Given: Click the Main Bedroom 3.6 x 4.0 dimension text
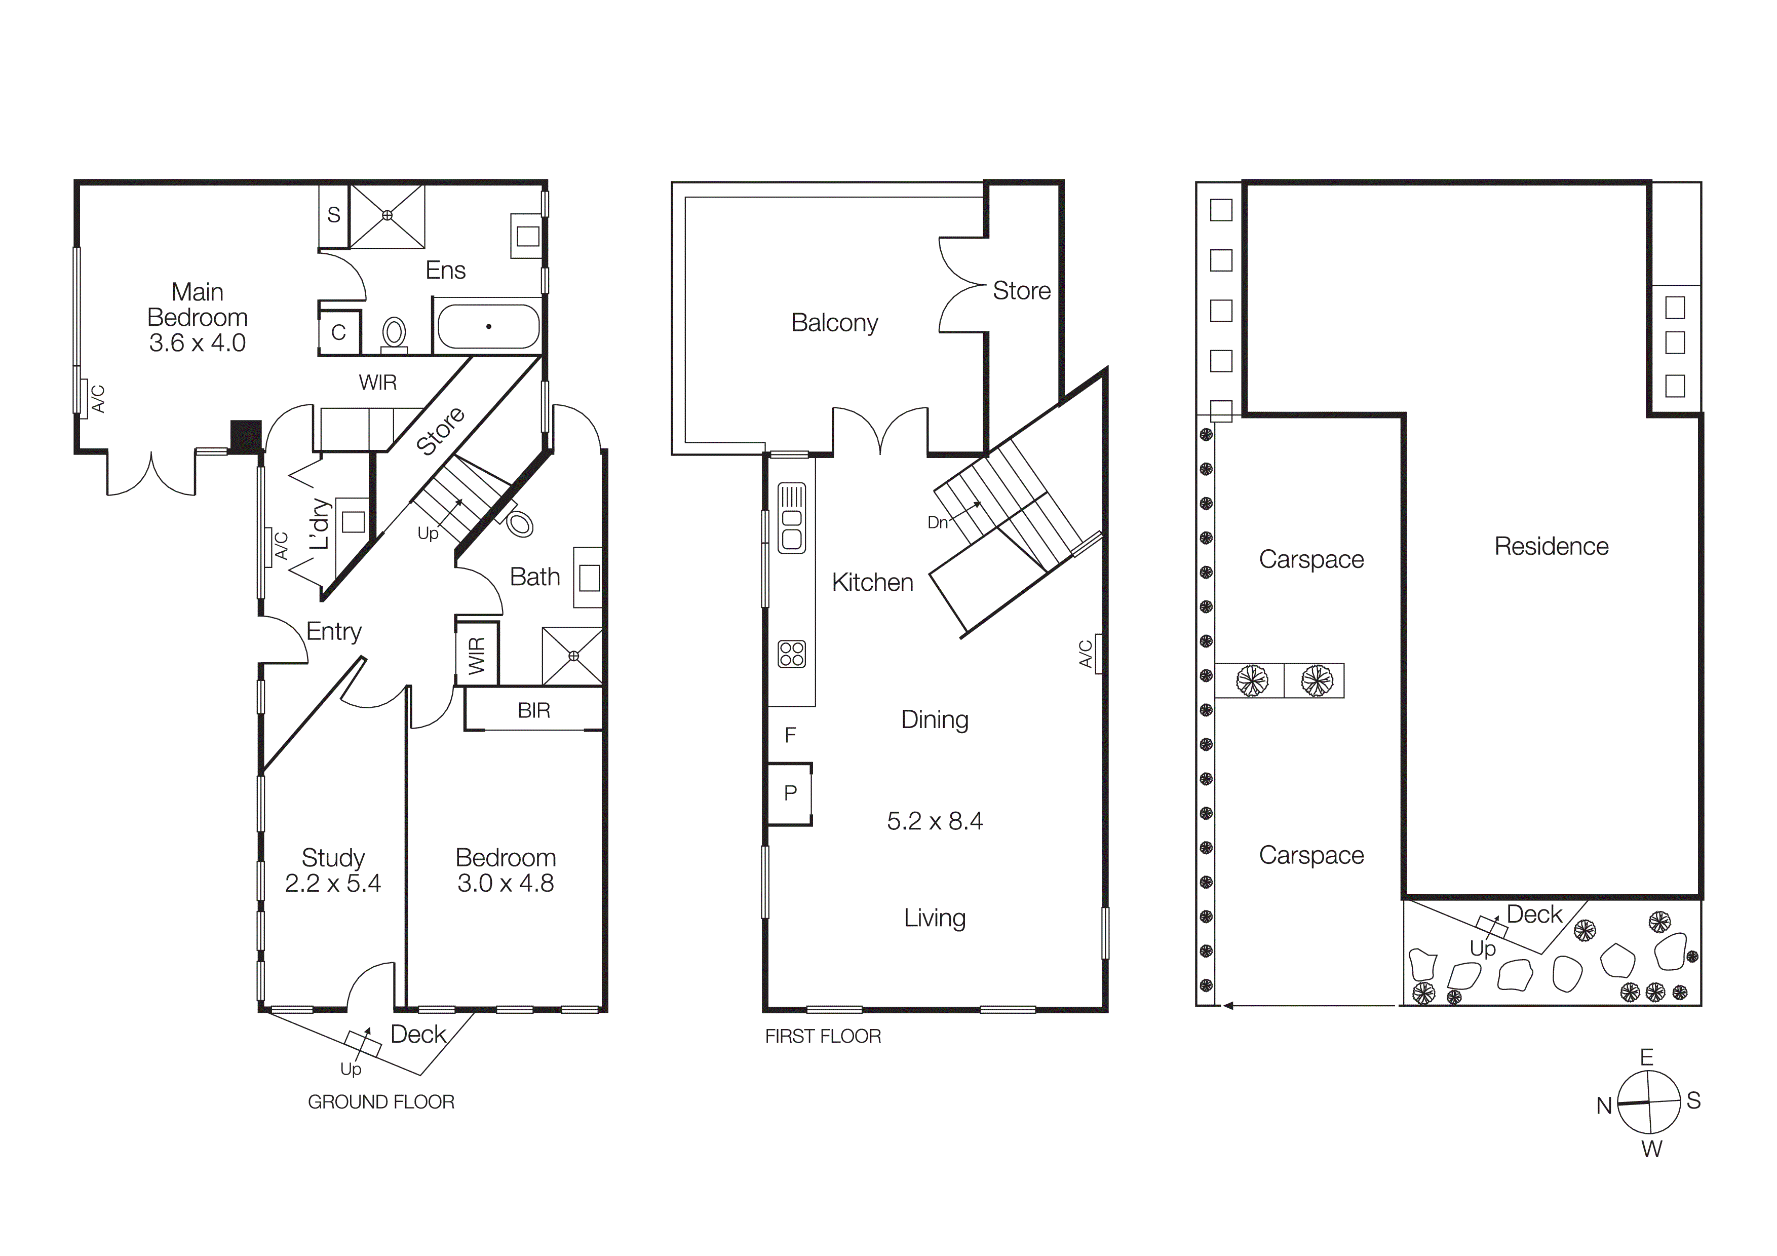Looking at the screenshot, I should click(198, 343).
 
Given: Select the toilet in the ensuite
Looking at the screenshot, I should click(395, 333).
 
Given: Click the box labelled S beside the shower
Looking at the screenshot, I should click(334, 215).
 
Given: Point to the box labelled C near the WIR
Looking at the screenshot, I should click(339, 333).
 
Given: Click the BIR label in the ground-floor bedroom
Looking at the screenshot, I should click(533, 710).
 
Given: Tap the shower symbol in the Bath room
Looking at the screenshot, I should click(573, 656).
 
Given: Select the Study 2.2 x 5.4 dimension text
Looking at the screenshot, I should click(333, 883).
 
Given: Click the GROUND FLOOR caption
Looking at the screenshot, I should click(381, 1102).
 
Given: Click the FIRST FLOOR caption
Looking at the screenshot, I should click(823, 1036).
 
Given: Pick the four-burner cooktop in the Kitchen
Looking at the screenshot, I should click(792, 654).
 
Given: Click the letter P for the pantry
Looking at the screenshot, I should click(790, 793).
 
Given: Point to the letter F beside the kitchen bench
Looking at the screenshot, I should click(790, 735).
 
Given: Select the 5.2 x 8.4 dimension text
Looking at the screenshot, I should click(935, 821).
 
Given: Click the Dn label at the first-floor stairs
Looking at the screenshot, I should click(937, 523).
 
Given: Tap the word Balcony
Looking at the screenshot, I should click(834, 323).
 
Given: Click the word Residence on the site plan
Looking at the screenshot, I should click(1551, 546).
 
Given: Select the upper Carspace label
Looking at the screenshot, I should click(1311, 559).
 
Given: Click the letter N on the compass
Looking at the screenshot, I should click(1604, 1106).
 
